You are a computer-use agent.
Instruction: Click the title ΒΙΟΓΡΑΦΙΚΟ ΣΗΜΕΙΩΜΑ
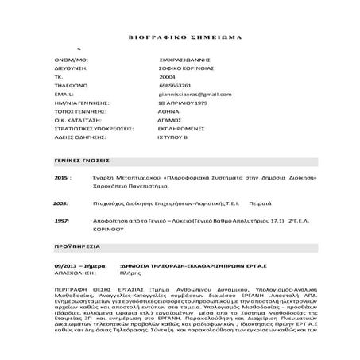point(179,37)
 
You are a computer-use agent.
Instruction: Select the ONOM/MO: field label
point(69,60)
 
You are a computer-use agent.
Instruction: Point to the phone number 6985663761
point(175,85)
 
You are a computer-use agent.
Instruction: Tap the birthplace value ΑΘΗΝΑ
point(170,111)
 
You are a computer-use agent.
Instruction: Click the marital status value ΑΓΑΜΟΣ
point(172,120)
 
